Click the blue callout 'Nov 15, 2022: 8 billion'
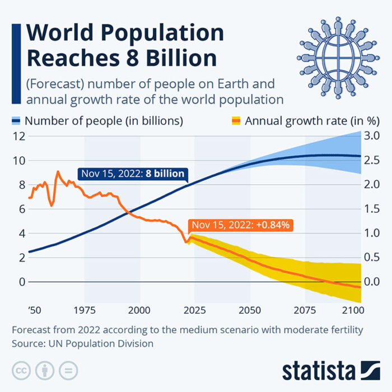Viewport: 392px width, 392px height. [132, 174]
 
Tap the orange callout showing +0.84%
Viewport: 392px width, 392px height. [240, 225]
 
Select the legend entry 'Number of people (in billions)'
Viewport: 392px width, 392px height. [104, 120]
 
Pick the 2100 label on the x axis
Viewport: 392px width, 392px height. [352, 310]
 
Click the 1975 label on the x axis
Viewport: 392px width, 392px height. [85, 310]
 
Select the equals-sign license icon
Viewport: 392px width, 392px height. [68, 370]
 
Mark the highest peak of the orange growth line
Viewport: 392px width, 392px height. [57, 171]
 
